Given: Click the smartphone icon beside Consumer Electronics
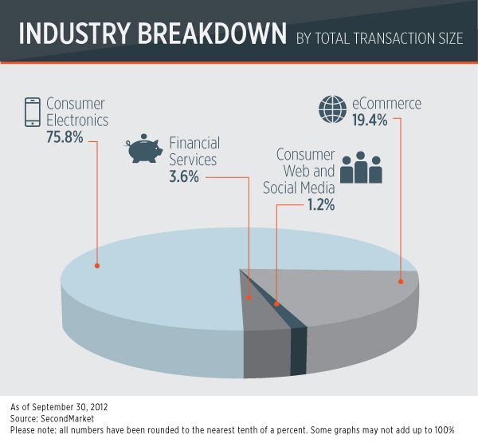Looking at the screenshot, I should (33, 113).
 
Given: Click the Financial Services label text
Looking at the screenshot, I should (194, 151).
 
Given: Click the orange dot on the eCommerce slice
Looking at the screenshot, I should (401, 281).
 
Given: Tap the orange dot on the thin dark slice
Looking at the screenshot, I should (276, 304).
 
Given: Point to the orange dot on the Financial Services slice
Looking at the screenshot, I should (249, 298).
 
